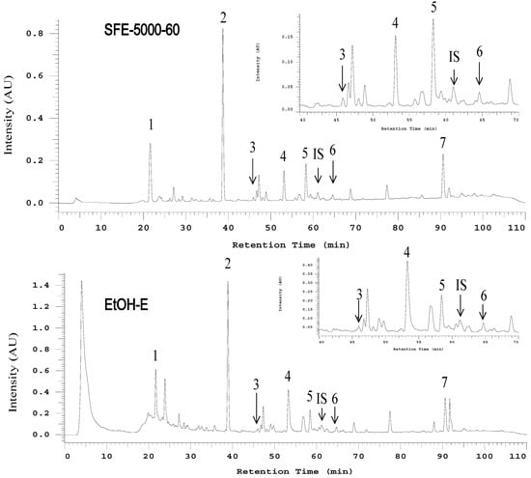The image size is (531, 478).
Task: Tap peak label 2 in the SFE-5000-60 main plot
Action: pyautogui.click(x=224, y=17)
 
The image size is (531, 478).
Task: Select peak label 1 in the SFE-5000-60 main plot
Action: pyautogui.click(x=151, y=125)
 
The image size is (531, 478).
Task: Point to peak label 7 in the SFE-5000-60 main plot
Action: pyautogui.click(x=443, y=143)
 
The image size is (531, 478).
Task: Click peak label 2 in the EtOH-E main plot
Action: pyautogui.click(x=228, y=264)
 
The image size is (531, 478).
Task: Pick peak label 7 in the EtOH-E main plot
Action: pyautogui.click(x=444, y=382)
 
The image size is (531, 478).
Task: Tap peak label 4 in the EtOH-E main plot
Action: pyautogui.click(x=288, y=376)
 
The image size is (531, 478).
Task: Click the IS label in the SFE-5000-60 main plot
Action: pyautogui.click(x=318, y=154)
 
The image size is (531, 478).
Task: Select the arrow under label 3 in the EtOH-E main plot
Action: pyautogui.click(x=256, y=407)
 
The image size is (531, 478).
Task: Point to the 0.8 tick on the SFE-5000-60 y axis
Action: pyautogui.click(x=42, y=33)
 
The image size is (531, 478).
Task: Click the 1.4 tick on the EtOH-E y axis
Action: pyautogui.click(x=42, y=286)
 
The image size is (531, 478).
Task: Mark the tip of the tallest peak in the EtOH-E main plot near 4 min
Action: pyautogui.click(x=81, y=282)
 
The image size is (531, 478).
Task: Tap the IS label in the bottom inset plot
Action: pyautogui.click(x=461, y=284)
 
